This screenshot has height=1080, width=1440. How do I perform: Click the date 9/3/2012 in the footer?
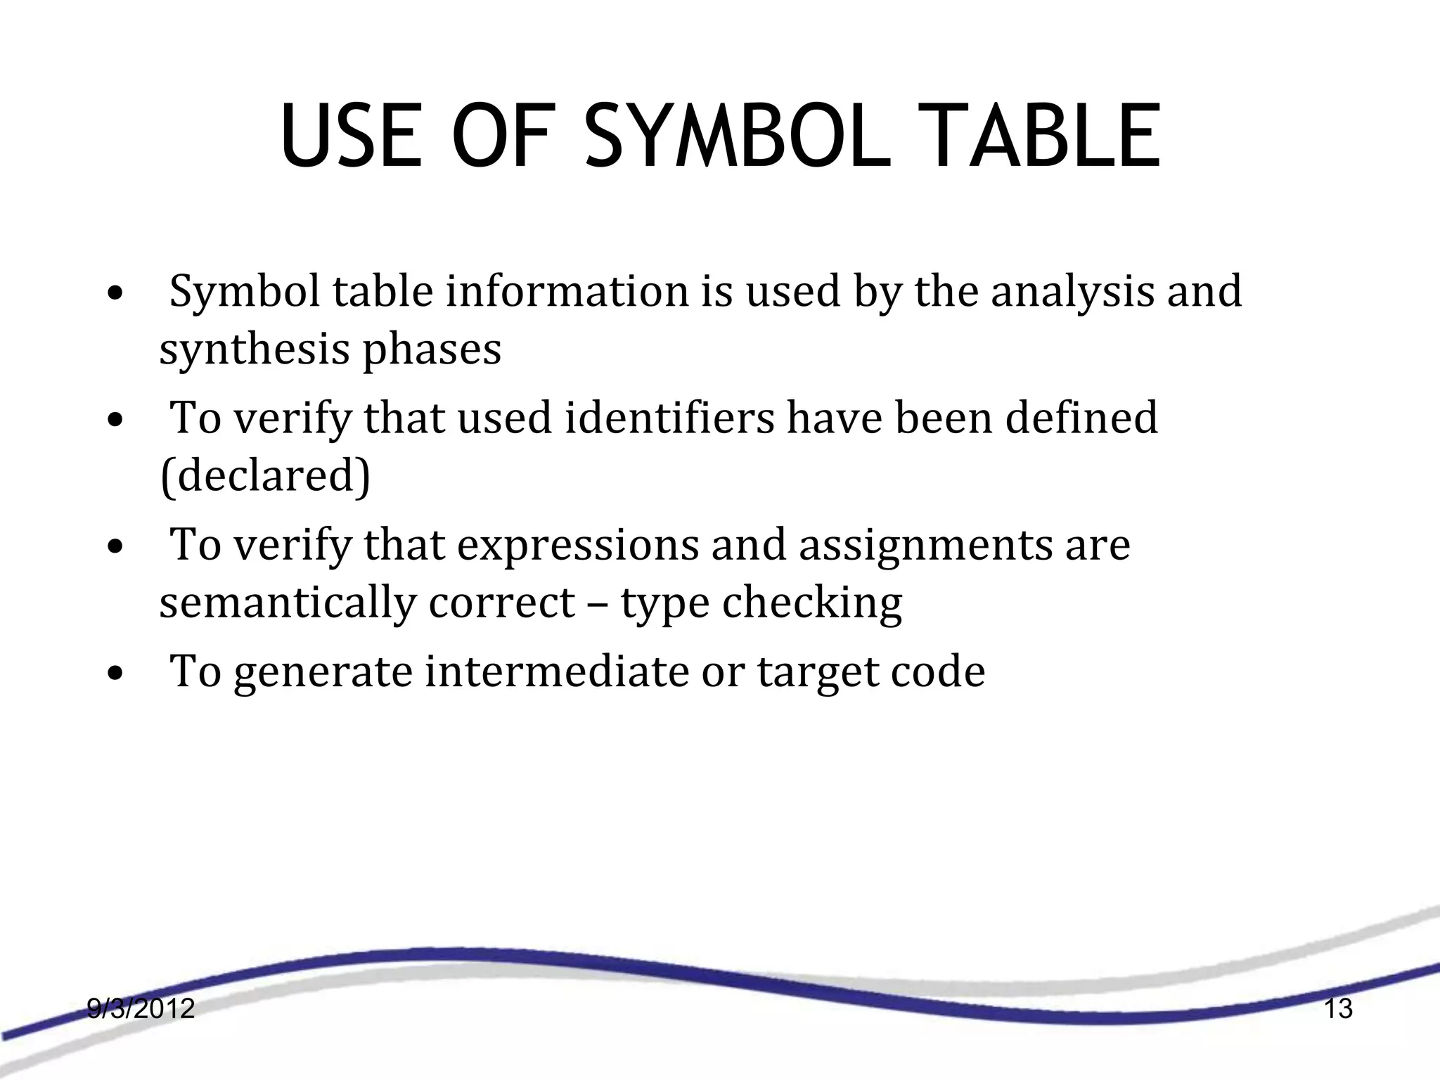141,1009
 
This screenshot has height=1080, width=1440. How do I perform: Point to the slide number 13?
1338,1009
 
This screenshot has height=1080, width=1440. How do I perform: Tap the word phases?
432,349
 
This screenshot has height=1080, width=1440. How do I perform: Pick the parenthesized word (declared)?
265,476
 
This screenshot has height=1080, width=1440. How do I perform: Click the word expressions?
577,545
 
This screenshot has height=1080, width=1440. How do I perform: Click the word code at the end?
938,671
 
